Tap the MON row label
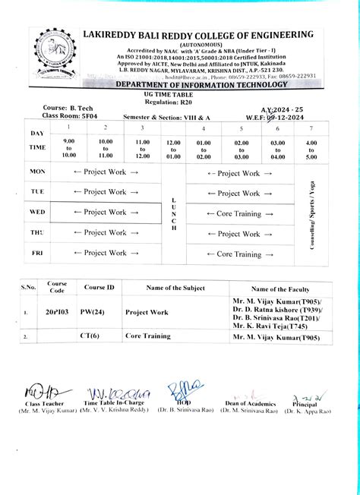pos(37,172)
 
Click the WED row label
pos(37,212)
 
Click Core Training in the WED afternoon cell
pos(240,213)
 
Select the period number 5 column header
pos(240,128)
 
